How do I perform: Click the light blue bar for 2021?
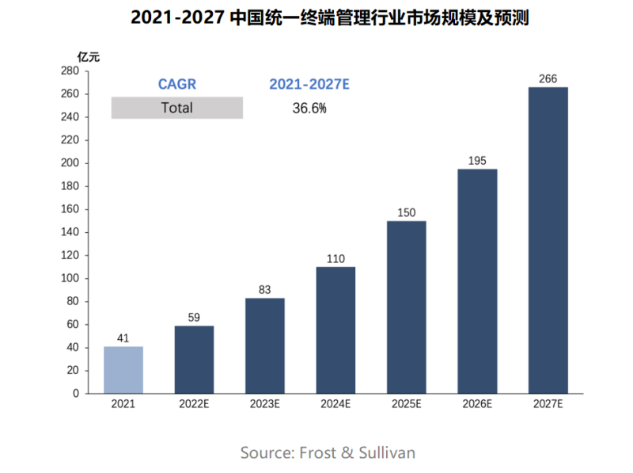coord(123,369)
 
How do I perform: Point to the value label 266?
coord(548,78)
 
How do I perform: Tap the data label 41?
coord(123,338)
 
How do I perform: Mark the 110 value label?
coord(335,258)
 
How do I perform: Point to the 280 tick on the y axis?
coord(69,71)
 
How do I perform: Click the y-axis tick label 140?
coord(69,232)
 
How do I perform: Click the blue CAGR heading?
coord(177,84)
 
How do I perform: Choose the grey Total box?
coord(177,108)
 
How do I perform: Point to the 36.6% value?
coord(309,109)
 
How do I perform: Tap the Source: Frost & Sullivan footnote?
coord(328,452)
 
